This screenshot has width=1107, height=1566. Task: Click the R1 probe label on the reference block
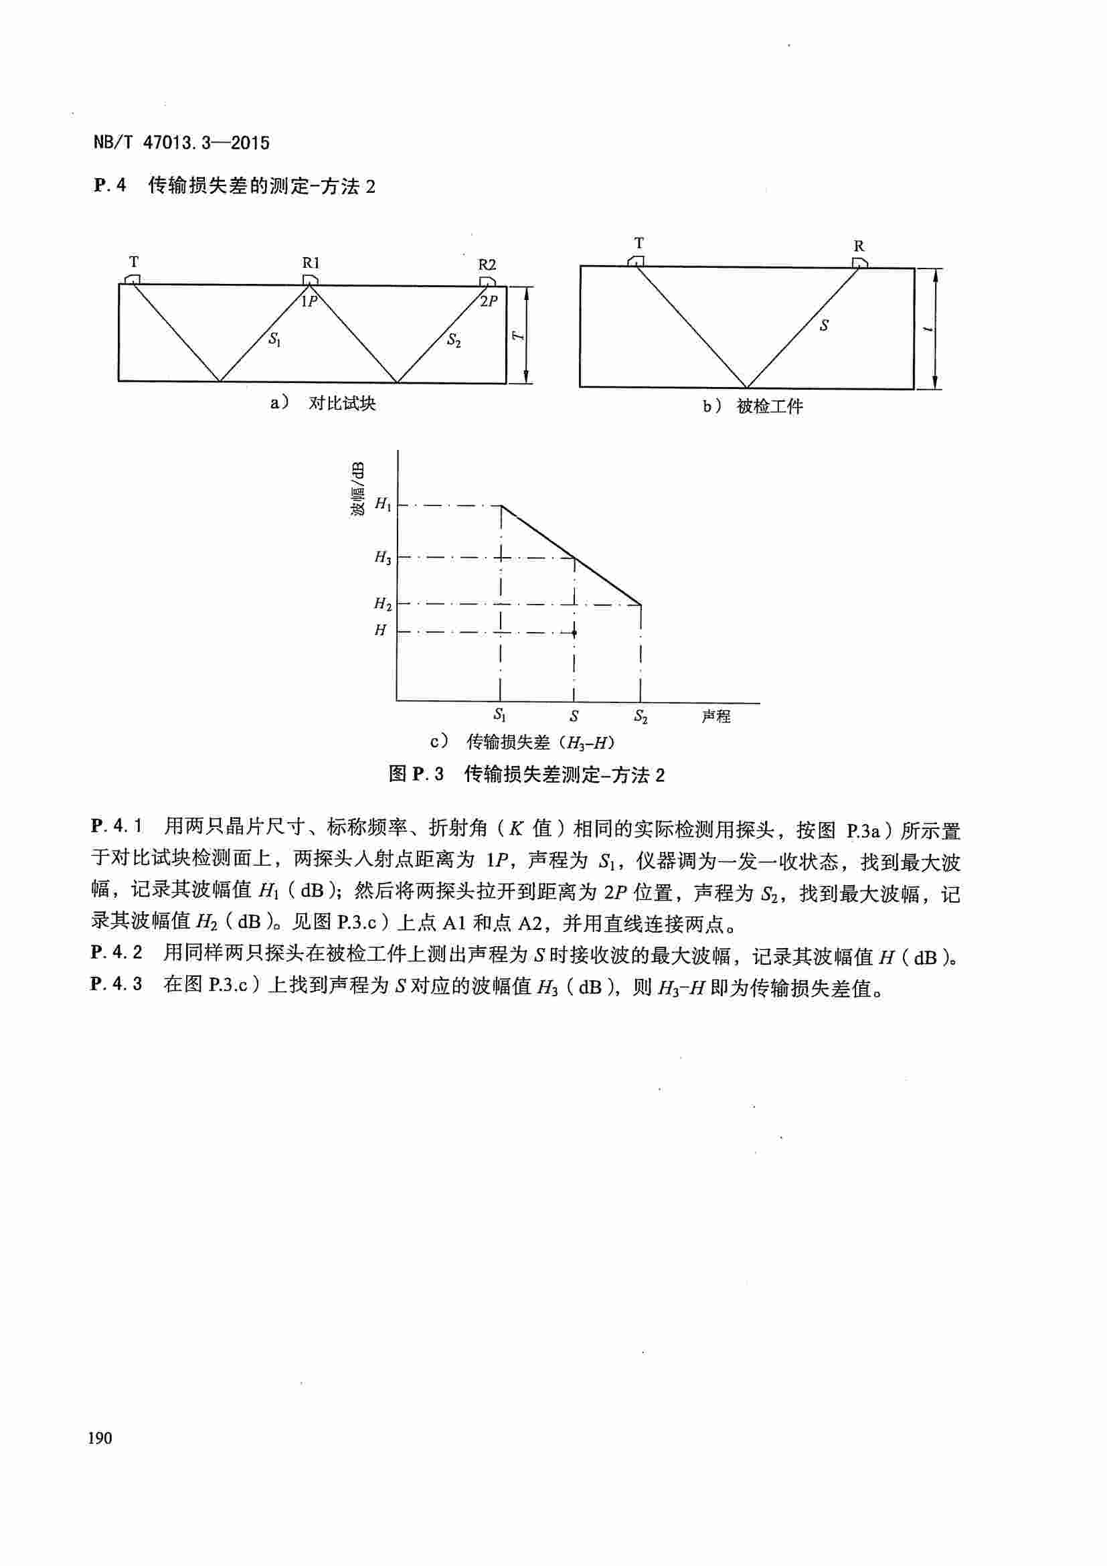coord(311,262)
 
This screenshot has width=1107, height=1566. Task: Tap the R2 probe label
coord(487,264)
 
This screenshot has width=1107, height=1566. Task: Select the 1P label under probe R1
coord(309,301)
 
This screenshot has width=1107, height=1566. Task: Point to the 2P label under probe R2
coord(489,301)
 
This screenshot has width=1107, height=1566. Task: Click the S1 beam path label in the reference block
coord(274,338)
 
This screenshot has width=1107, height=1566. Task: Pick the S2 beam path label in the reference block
coord(453,339)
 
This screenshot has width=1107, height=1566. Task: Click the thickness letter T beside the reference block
coord(518,335)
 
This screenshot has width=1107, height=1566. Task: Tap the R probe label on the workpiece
coord(859,246)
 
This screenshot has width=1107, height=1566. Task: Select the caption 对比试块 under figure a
coord(342,403)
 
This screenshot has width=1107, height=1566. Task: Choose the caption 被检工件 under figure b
coord(770,406)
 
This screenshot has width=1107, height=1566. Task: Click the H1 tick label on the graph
coord(383,505)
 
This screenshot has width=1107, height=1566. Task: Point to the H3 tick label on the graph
coord(383,557)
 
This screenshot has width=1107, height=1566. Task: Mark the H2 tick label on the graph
coord(383,604)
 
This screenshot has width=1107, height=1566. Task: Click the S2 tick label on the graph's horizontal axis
coord(641,716)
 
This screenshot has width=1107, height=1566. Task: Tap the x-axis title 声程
coord(715,716)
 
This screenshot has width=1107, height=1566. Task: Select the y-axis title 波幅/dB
coord(358,488)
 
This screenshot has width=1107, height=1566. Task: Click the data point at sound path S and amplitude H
coord(575,633)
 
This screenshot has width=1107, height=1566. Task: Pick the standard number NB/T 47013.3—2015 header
coord(181,143)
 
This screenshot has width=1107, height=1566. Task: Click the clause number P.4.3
coord(116,984)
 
